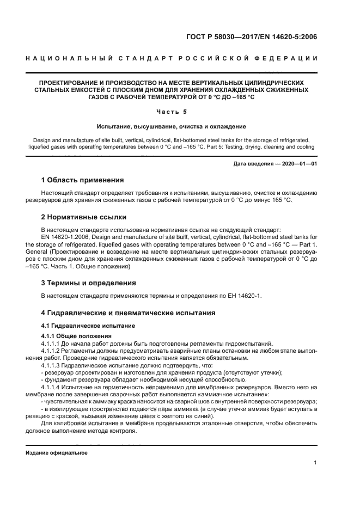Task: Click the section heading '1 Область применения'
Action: [83, 180]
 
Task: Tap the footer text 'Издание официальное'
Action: [57, 453]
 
